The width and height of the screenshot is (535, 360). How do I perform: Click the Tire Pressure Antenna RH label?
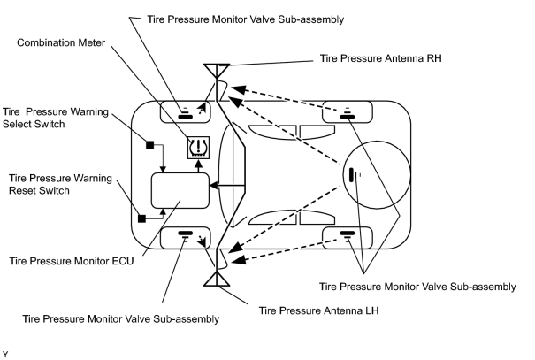(380, 58)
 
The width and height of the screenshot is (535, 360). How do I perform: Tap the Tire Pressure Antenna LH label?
(318, 310)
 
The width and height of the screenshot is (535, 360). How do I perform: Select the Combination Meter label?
(61, 42)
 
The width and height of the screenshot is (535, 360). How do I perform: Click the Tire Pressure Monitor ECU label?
(72, 261)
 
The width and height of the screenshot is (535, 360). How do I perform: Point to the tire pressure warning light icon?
(198, 148)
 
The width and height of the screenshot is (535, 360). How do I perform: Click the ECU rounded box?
(180, 190)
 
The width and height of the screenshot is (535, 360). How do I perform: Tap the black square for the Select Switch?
(149, 145)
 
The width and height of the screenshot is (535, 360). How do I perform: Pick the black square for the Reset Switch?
(141, 218)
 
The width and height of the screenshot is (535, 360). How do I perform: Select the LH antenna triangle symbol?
(217, 280)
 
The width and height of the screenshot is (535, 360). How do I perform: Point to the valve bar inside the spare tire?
(351, 175)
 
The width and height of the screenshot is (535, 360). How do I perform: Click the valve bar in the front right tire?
(186, 117)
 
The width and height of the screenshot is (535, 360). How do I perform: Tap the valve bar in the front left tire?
(186, 234)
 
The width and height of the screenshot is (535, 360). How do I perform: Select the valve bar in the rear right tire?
(348, 117)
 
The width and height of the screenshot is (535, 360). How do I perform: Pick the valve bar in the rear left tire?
(348, 234)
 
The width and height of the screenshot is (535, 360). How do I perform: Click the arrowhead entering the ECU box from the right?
(214, 186)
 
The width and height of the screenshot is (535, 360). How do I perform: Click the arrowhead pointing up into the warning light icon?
(198, 163)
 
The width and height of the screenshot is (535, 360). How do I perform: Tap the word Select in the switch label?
(16, 124)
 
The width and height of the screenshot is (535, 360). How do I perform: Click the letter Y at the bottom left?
(5, 355)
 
